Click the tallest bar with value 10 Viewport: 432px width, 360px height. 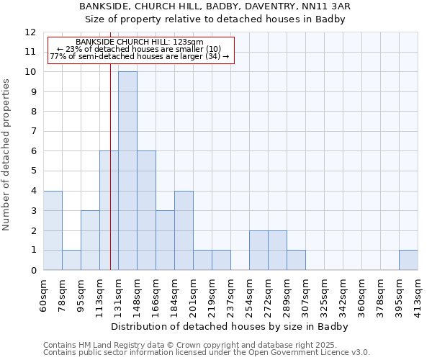(x=127, y=171)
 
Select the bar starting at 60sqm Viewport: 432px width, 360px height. (x=53, y=230)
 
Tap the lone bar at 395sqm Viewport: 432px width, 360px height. (x=408, y=260)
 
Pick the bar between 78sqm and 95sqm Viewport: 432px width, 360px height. (x=71, y=260)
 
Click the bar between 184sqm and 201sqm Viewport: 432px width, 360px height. (x=184, y=230)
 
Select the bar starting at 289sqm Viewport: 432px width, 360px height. (x=296, y=260)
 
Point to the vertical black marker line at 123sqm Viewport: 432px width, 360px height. (x=110, y=180)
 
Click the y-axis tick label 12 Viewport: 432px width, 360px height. (x=30, y=32)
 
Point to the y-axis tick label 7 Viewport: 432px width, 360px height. (x=33, y=132)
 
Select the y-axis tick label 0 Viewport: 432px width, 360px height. (x=33, y=271)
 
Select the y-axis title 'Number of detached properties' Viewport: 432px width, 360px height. (x=7, y=156)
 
